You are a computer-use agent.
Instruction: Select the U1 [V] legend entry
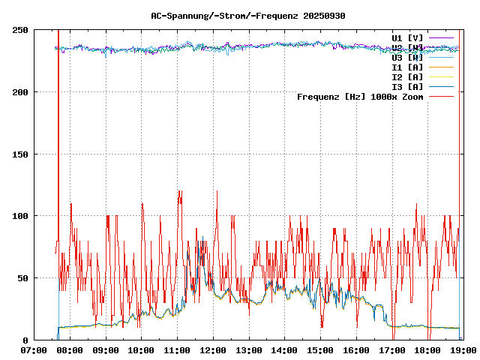tap(407, 37)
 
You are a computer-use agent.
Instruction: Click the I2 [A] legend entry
tap(407, 76)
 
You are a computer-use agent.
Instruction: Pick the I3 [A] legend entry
tap(407, 86)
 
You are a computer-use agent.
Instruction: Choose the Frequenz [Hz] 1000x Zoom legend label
tap(360, 96)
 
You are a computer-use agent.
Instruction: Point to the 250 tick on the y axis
tap(20, 30)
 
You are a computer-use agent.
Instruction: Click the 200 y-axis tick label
tap(20, 92)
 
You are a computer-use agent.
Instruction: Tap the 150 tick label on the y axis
tap(20, 154)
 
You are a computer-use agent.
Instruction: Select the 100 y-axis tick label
tap(20, 216)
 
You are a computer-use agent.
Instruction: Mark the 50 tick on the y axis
tap(22, 278)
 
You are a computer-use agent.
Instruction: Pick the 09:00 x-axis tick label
tap(106, 349)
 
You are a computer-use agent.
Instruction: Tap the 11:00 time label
tap(177, 349)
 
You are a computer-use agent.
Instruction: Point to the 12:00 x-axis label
tap(213, 349)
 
